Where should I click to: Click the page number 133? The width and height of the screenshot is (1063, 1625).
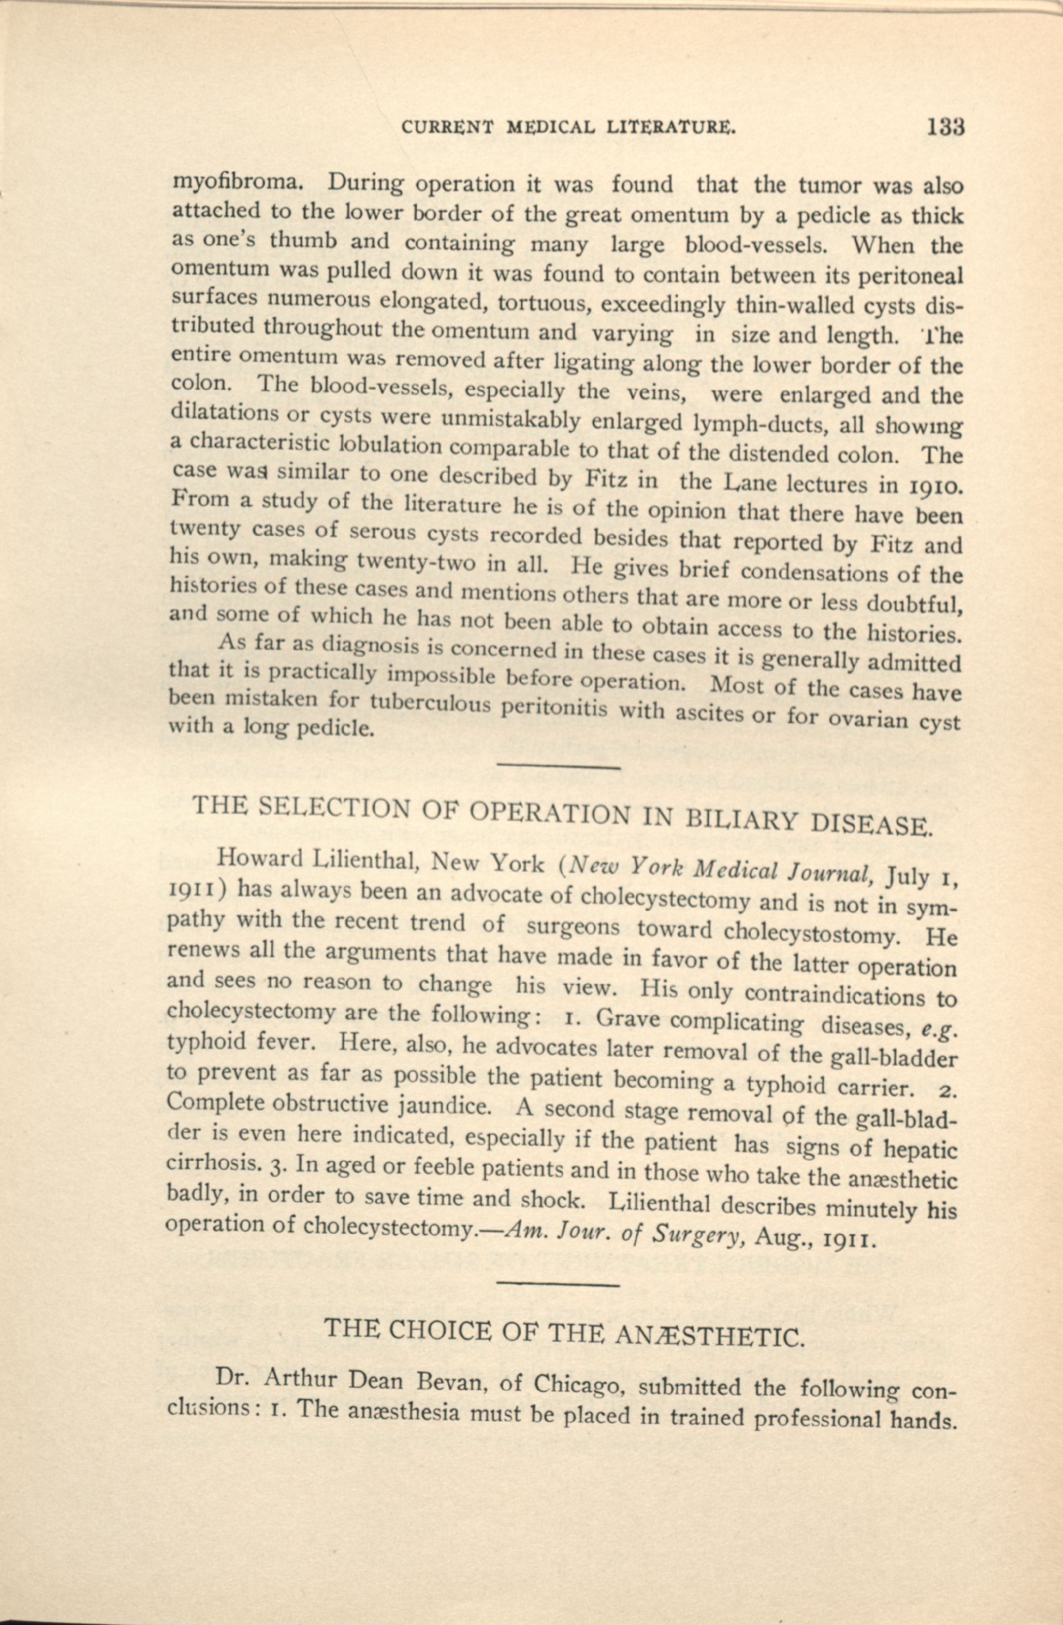945,127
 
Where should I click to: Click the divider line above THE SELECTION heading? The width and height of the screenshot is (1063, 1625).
558,768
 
